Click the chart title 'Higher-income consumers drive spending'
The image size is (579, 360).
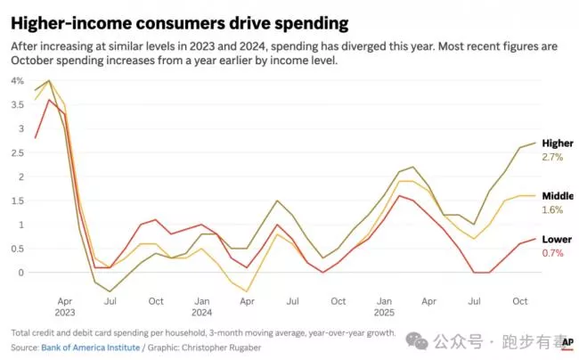coord(179,19)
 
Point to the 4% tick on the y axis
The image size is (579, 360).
coord(17,80)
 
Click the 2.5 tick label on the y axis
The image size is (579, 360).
coord(16,151)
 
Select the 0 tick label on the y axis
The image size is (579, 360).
coord(20,272)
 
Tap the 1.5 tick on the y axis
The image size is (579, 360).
coord(16,200)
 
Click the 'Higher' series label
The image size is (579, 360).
coord(557,143)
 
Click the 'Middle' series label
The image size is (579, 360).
coord(557,195)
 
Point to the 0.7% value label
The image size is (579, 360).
coord(552,252)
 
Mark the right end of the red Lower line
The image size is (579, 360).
coord(535,239)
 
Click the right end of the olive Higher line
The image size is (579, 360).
coord(535,143)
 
